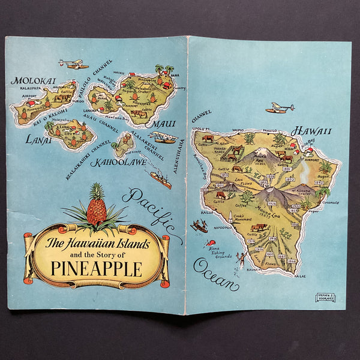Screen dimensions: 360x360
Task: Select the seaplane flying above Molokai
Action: (x=73, y=64)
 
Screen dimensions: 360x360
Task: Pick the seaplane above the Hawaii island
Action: (x=280, y=109)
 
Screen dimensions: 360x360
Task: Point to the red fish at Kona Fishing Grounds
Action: (x=209, y=244)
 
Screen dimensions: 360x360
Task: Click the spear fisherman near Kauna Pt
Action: (x=241, y=259)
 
